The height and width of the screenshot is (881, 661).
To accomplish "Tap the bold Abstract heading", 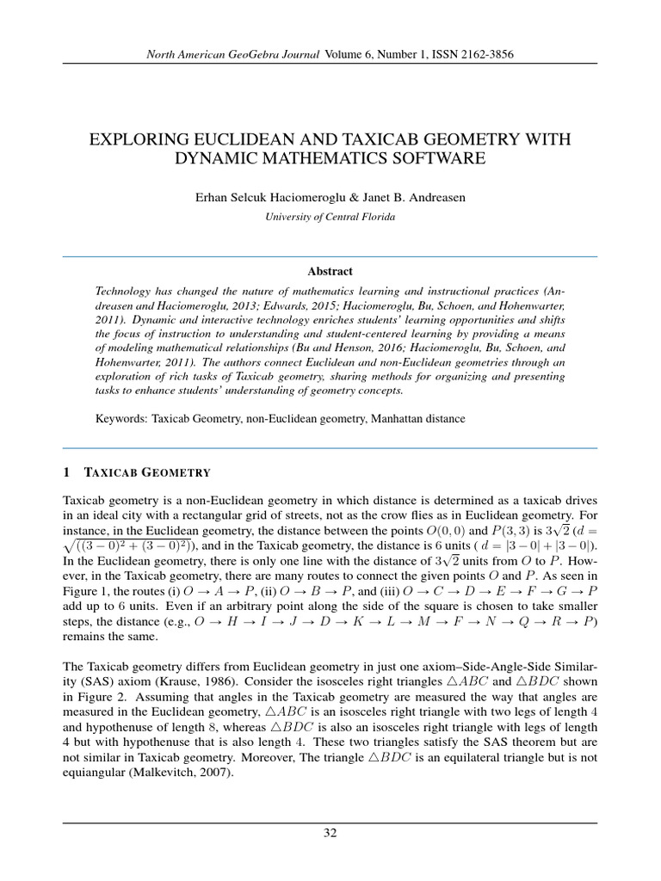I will tap(330, 271).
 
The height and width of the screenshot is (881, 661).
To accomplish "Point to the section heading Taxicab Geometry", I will tap(148, 472).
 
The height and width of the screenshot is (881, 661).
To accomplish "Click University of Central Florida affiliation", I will tap(330, 217).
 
